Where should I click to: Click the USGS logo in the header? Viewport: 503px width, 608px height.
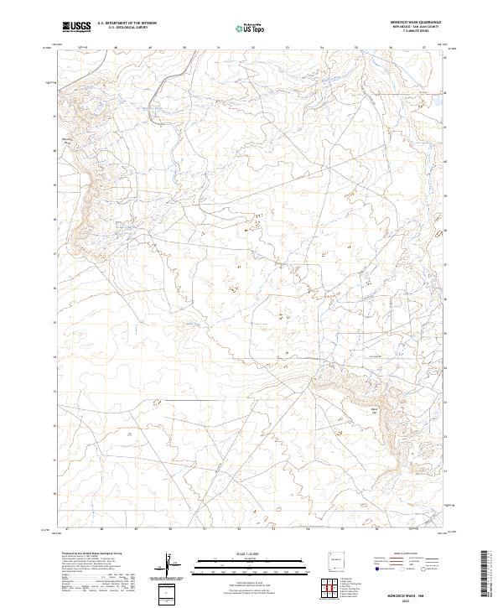pos(77,27)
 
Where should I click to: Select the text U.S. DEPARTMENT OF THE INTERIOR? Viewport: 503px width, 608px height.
pos(127,23)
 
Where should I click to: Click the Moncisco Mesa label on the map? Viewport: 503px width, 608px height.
pos(69,140)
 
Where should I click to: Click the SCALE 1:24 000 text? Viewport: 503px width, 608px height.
pos(251,554)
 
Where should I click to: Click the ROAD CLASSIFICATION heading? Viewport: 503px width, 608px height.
pos(408,554)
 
